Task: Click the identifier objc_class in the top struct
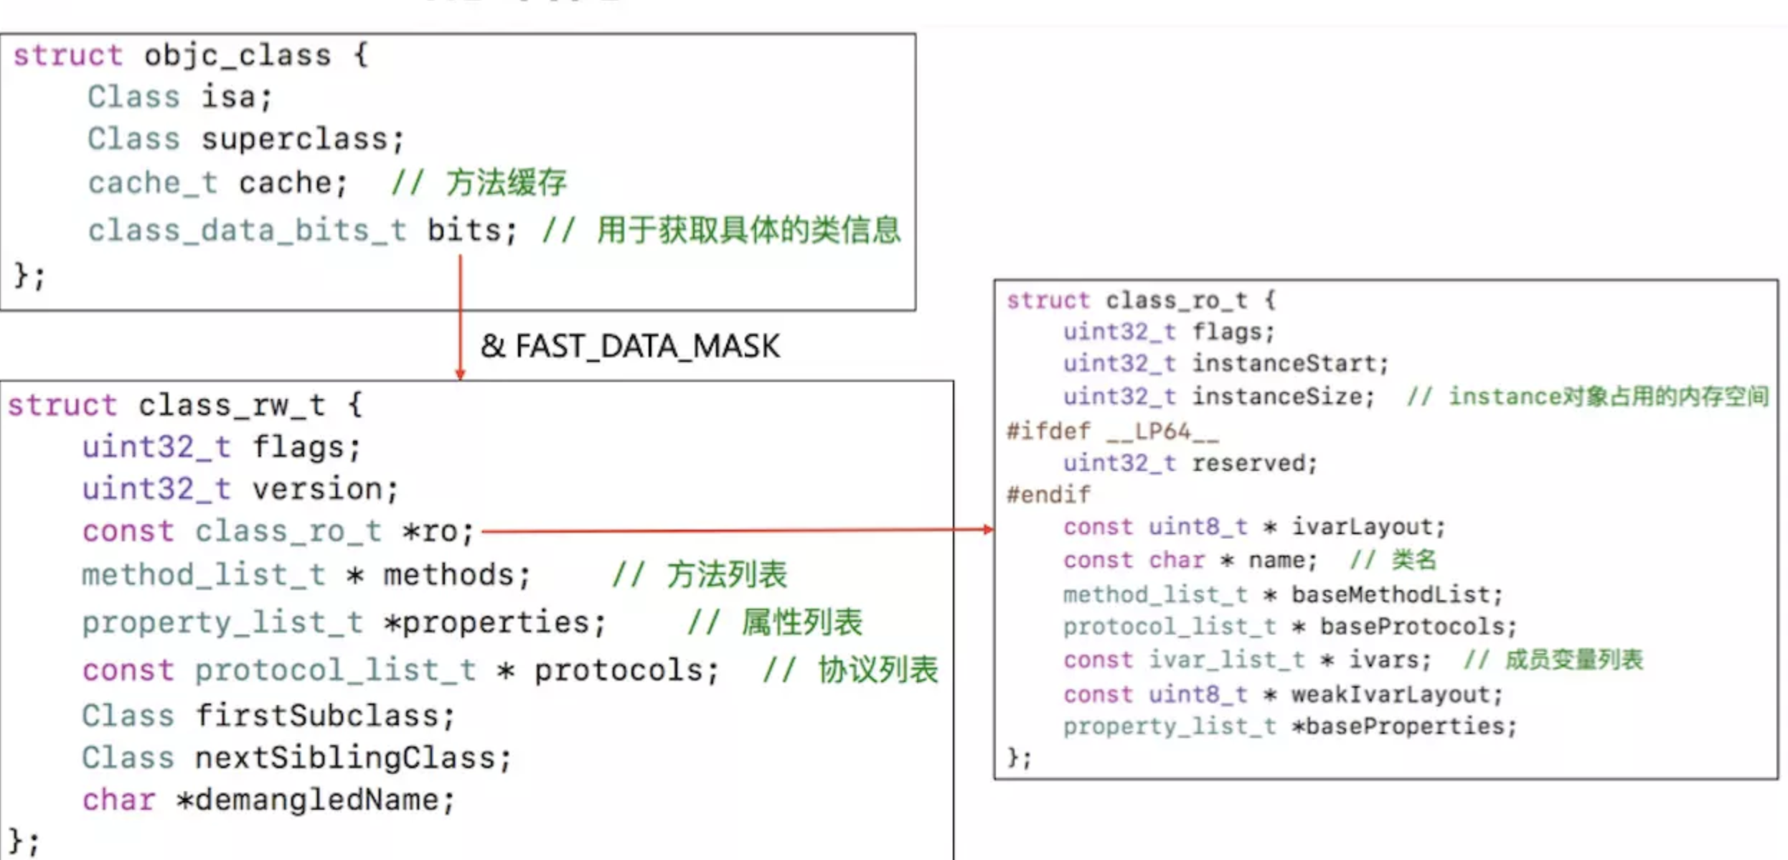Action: pyautogui.click(x=237, y=55)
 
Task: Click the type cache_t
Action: pyautogui.click(x=152, y=183)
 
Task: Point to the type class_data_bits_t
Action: pyautogui.click(x=247, y=230)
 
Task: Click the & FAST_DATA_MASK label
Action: pyautogui.click(x=630, y=346)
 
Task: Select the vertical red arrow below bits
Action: pyautogui.click(x=460, y=316)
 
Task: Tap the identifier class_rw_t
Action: pyautogui.click(x=232, y=406)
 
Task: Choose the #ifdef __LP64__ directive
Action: pyautogui.click(x=1112, y=431)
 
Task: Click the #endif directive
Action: pyautogui.click(x=1048, y=495)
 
